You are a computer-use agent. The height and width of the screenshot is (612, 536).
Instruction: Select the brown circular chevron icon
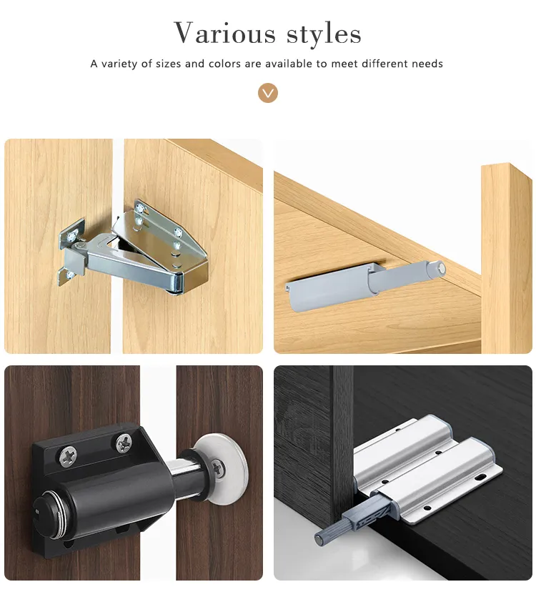[268, 93]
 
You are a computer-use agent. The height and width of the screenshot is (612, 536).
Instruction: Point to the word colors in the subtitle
[225, 64]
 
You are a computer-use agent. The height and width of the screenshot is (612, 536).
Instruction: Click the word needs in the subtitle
[426, 64]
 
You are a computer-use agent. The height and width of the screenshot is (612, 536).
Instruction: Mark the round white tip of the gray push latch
[443, 269]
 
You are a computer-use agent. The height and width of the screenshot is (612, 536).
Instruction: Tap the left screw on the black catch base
[68, 453]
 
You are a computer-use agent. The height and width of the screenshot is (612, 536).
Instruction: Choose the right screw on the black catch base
[124, 443]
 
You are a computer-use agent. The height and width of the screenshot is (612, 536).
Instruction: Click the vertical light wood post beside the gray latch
[506, 257]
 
